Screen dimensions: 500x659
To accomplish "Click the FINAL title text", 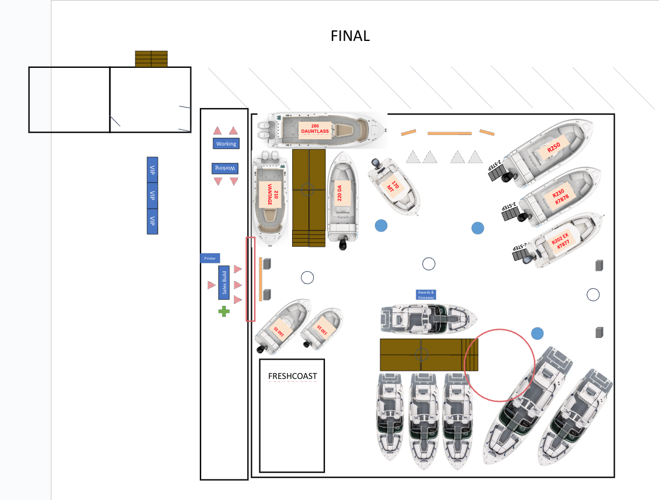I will coord(350,36).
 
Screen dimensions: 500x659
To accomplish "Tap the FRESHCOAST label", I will coord(292,375).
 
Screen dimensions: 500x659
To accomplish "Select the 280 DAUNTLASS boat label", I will coord(315,129).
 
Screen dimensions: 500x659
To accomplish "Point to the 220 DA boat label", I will coord(339,193).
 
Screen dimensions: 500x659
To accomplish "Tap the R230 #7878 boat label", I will coord(559,195).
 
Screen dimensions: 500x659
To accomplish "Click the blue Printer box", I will coord(210,258).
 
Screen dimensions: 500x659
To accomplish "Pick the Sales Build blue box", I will coord(223,283).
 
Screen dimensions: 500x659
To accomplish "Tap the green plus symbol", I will coord(224,311).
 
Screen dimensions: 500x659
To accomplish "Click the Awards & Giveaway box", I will coord(426,294).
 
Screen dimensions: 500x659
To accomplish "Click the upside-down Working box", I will coord(226,168).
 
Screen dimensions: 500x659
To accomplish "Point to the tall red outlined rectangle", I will coord(251,279).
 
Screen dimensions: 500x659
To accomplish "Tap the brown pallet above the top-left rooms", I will coord(151,58).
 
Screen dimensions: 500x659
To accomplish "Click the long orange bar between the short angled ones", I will coord(449,133).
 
